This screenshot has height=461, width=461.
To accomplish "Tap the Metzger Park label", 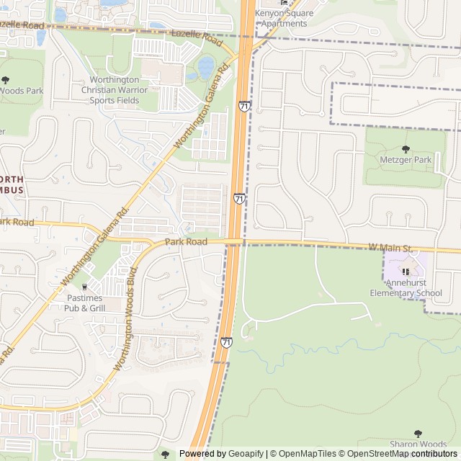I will (x=405, y=159).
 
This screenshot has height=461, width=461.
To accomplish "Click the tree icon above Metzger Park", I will (x=405, y=147).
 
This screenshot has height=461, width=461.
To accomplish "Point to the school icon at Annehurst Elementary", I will (x=406, y=272).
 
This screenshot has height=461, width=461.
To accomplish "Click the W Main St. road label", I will (x=390, y=248).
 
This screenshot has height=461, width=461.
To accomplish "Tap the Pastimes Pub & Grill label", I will (x=86, y=303).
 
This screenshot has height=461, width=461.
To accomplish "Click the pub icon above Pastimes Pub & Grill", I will (x=86, y=286).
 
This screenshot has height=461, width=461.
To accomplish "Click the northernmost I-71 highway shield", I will (x=245, y=107).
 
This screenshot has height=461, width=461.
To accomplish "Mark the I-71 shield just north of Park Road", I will (x=238, y=198).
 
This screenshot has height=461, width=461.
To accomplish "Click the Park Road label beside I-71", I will (x=186, y=242).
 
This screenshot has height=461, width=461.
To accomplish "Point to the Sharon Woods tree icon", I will (x=419, y=433).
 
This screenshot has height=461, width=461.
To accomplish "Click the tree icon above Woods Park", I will (x=6, y=79).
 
